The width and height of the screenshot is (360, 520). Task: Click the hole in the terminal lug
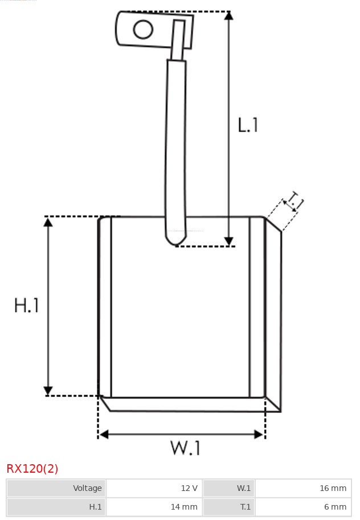(143, 29)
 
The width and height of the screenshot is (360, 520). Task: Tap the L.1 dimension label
(248, 125)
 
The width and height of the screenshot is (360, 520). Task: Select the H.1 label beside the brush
(27, 305)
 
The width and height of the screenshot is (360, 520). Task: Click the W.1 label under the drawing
(186, 448)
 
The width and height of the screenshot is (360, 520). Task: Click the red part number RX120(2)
(32, 469)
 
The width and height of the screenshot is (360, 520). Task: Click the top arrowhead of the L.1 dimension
(228, 15)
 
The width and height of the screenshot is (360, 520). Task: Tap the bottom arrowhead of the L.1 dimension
(228, 241)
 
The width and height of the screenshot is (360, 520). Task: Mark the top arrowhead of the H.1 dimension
(48, 222)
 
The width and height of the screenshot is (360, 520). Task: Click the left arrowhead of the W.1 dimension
(104, 434)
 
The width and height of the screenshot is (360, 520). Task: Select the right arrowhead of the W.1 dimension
(259, 434)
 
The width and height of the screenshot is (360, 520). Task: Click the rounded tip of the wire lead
(176, 241)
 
